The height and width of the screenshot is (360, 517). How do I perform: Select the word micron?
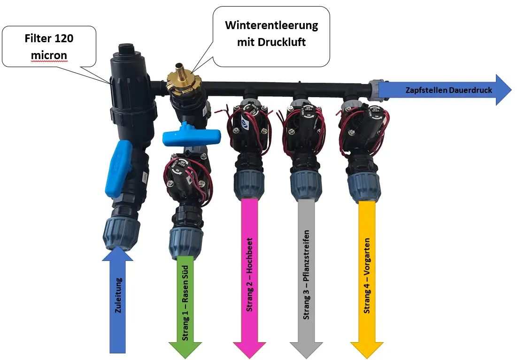[x=49, y=55]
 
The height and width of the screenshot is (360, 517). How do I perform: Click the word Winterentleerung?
[x=271, y=25]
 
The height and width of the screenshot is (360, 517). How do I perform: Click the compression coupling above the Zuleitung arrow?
[x=121, y=230]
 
